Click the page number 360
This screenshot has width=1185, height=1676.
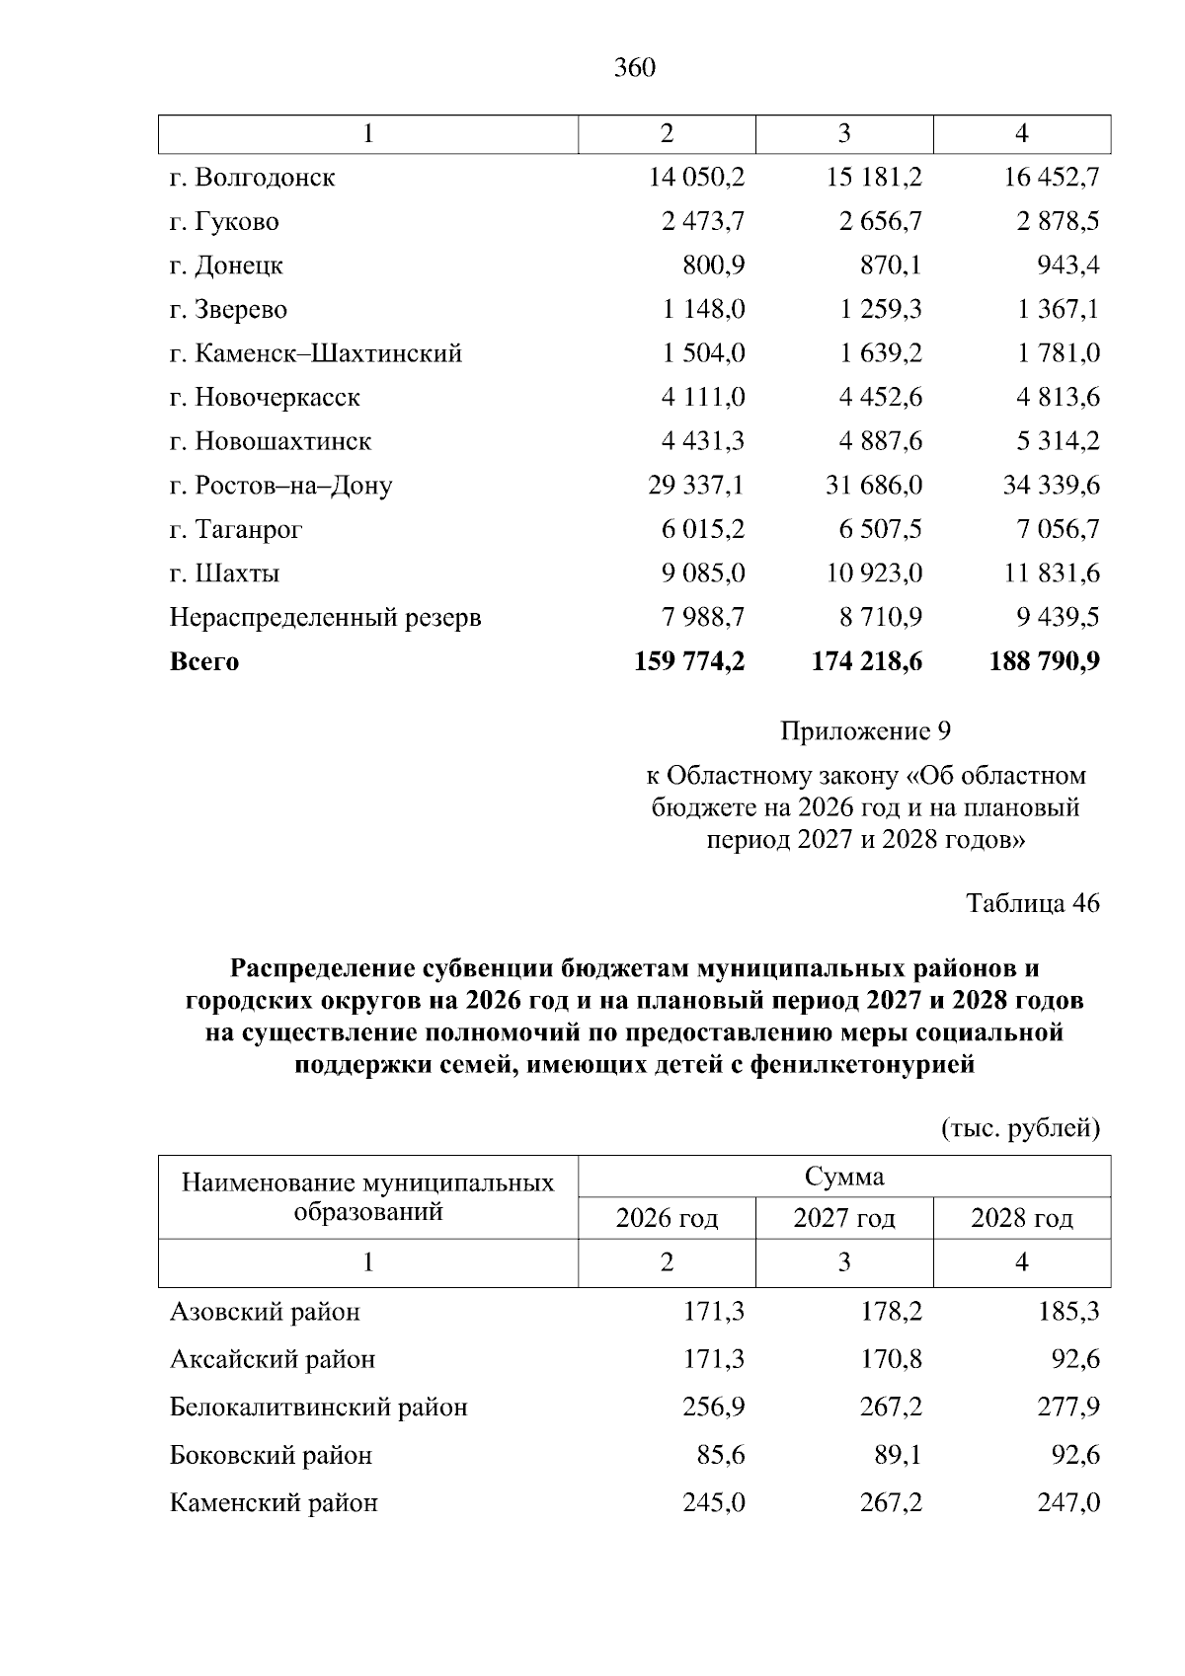pyautogui.click(x=634, y=67)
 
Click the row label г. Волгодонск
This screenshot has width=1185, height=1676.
pyautogui.click(x=252, y=178)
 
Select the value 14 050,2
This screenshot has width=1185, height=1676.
pyautogui.click(x=696, y=178)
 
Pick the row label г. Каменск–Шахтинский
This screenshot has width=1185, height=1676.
pyautogui.click(x=315, y=353)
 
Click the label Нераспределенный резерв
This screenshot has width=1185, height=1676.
pyautogui.click(x=325, y=618)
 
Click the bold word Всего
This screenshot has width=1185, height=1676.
pyautogui.click(x=204, y=662)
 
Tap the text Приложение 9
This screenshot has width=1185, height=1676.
pyautogui.click(x=865, y=731)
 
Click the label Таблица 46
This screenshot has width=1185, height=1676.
pyautogui.click(x=1032, y=903)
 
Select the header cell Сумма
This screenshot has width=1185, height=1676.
pyautogui.click(x=844, y=1177)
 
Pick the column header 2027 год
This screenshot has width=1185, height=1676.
pyautogui.click(x=844, y=1219)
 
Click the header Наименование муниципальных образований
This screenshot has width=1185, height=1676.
pyautogui.click(x=367, y=1196)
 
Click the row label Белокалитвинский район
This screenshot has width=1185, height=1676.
pyautogui.click(x=318, y=1408)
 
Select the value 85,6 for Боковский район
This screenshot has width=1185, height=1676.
pyautogui.click(x=714, y=1455)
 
